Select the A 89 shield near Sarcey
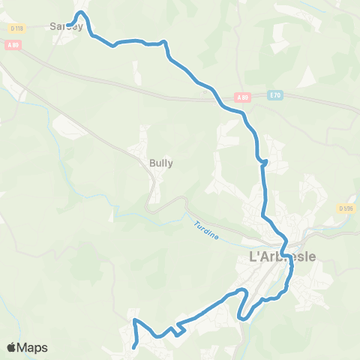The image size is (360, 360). click(12, 45)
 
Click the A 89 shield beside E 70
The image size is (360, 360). click(241, 97)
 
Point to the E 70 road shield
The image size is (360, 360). click(274, 96)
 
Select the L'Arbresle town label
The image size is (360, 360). click(281, 256)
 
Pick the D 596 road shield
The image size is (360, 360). click(345, 208)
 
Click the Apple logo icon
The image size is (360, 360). click(12, 347)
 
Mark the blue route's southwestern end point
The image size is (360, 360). click(133, 346)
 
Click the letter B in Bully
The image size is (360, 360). click(153, 162)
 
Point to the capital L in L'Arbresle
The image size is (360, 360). click(252, 256)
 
